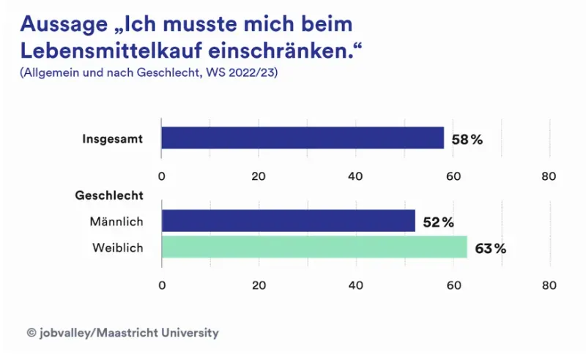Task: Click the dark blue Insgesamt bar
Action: click(x=303, y=138)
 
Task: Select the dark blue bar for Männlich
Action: click(x=288, y=221)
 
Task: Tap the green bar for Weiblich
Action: click(x=314, y=247)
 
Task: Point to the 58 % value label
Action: click(x=467, y=139)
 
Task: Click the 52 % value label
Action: click(x=438, y=222)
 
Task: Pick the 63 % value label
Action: click(x=490, y=249)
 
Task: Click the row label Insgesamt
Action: click(x=112, y=138)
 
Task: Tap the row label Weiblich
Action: click(x=117, y=248)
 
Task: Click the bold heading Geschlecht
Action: click(x=108, y=195)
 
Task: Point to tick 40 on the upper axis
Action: click(x=356, y=176)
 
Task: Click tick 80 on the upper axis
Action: click(x=549, y=176)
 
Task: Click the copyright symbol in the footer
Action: click(x=31, y=333)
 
